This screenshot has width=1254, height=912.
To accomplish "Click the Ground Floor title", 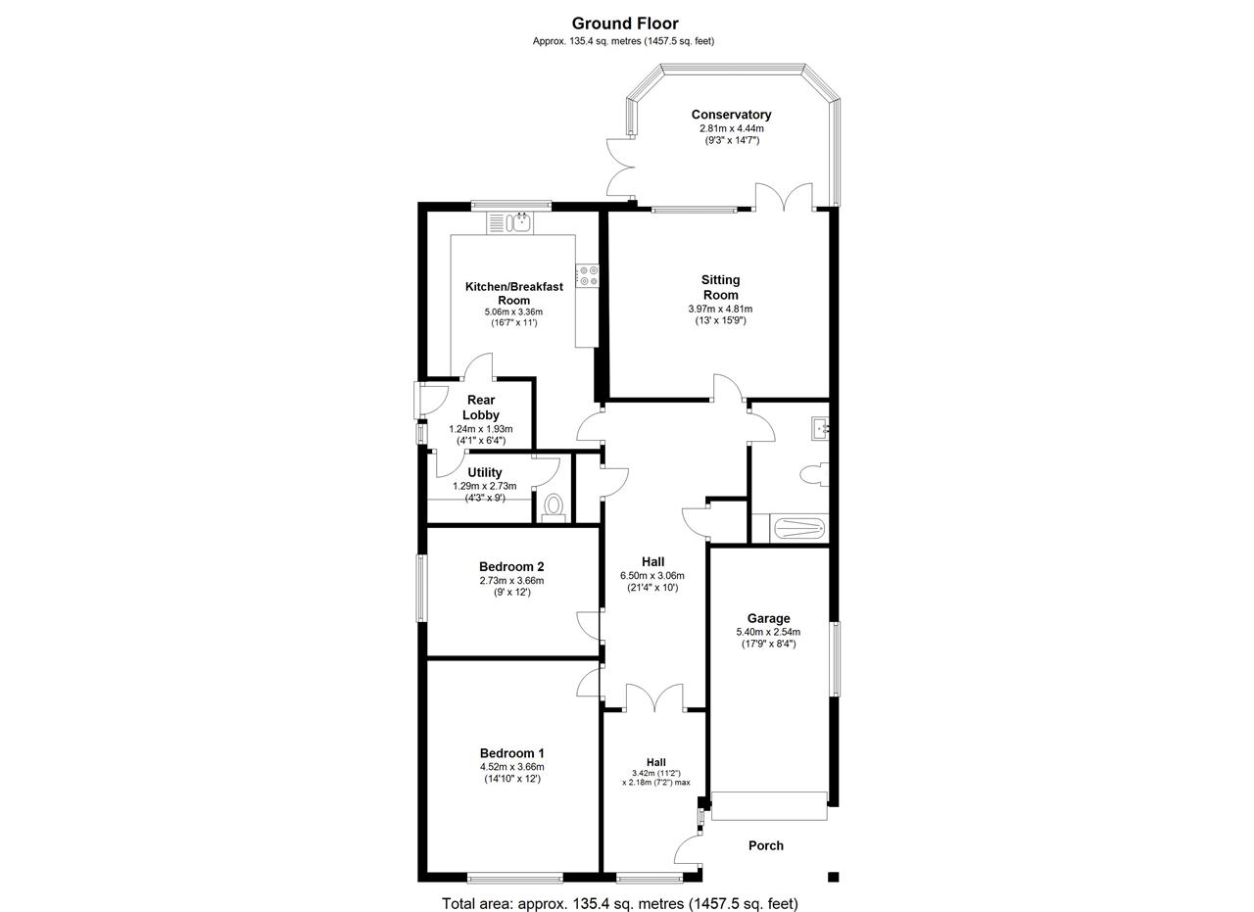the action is (625, 24).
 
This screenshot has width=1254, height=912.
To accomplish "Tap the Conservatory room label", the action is (731, 115).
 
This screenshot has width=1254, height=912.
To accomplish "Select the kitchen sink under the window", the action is (510, 222).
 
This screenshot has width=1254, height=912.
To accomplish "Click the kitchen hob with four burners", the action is (587, 275).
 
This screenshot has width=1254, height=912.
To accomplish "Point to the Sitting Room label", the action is (720, 287).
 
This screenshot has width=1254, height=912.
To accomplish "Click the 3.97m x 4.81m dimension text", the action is (720, 309).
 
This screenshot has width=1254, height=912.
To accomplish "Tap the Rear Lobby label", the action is (481, 408).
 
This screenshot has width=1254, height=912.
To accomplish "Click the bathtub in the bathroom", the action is (797, 529).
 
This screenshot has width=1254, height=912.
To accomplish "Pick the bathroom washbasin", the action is (820, 429).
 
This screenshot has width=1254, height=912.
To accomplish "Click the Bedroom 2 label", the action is (511, 566).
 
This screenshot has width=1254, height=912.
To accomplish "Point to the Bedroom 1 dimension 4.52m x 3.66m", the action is (511, 767).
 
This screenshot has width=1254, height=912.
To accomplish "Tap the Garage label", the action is (769, 619).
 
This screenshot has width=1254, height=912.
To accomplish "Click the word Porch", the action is (766, 846).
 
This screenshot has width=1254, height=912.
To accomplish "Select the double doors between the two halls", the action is (654, 697).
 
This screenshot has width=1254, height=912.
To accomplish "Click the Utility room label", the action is (485, 472).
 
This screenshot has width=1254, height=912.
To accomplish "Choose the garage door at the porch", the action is (769, 806).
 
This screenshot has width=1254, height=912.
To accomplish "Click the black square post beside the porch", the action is (833, 878).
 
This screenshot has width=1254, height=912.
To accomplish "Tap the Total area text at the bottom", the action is (620, 903).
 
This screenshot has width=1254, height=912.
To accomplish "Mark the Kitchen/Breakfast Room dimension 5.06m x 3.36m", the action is (513, 312).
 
